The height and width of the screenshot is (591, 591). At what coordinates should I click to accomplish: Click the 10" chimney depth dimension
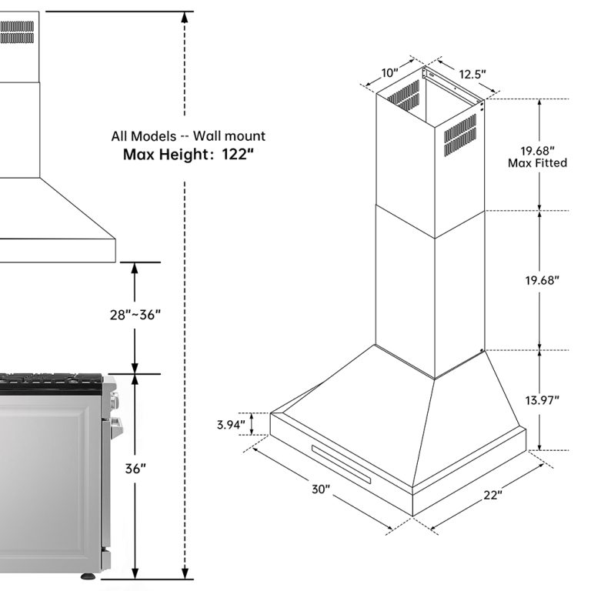(x=389, y=72)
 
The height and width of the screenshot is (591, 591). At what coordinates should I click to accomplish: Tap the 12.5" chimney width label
(x=472, y=74)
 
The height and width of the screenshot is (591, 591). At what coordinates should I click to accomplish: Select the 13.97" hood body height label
(x=542, y=400)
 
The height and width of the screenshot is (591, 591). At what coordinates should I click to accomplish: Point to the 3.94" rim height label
(x=231, y=425)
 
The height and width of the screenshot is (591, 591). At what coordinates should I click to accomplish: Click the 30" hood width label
(x=321, y=489)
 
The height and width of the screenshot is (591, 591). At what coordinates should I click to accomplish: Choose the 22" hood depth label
(x=493, y=495)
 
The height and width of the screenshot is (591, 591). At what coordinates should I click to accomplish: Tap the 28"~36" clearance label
(x=135, y=314)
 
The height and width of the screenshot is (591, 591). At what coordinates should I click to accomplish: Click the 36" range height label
(x=135, y=469)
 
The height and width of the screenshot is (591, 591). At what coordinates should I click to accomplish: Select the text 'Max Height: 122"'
(x=189, y=154)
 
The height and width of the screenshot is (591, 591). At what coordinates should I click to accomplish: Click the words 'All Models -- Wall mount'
(x=188, y=135)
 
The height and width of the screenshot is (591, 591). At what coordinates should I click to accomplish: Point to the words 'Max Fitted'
(x=537, y=163)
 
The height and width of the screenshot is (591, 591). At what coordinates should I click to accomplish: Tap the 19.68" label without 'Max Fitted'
(x=542, y=280)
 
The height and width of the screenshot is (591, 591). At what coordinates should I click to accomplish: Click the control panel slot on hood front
(x=341, y=464)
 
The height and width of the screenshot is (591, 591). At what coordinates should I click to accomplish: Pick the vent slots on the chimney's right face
(x=460, y=135)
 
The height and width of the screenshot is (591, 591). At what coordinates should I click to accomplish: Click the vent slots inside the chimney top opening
(x=403, y=95)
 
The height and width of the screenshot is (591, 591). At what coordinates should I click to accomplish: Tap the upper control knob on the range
(x=114, y=400)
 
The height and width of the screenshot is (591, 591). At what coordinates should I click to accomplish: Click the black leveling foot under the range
(x=88, y=576)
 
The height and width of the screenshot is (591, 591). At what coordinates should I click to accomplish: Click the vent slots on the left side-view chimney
(x=17, y=32)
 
